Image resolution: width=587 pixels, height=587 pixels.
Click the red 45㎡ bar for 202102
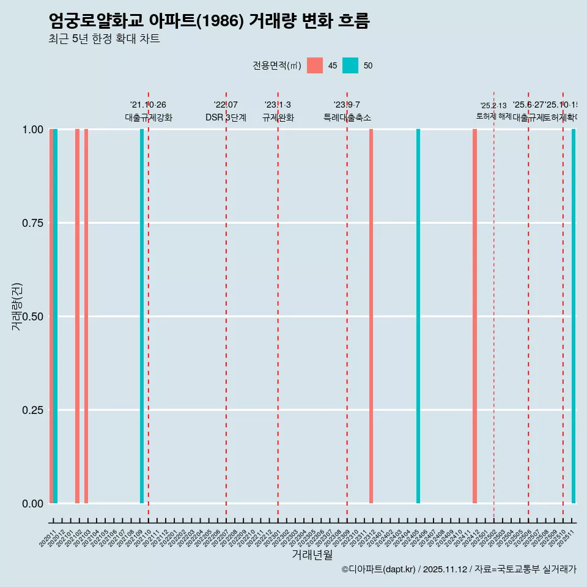point(77,316)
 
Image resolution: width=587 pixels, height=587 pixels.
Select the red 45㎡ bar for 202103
point(86,316)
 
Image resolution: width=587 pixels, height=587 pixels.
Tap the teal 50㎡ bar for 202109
point(142,316)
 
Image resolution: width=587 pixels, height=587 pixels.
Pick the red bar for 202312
point(371,316)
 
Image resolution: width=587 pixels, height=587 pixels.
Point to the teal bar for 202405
point(418,316)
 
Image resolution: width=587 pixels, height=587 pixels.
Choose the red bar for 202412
point(474,316)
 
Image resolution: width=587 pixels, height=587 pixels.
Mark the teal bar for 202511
point(574,316)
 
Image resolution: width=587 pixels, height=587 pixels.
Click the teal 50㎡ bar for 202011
point(55,316)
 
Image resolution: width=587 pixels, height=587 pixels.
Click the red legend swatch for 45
point(315,65)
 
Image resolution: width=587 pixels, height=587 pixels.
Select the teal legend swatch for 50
point(350,65)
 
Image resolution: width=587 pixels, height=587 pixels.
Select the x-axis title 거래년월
point(312,555)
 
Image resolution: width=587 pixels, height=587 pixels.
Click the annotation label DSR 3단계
point(226,118)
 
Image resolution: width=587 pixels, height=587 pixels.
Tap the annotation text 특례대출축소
point(347,118)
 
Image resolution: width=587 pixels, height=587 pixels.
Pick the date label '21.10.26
point(148,105)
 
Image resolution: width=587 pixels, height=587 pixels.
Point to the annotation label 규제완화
point(278,118)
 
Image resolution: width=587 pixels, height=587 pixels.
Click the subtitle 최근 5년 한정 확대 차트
point(104,39)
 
